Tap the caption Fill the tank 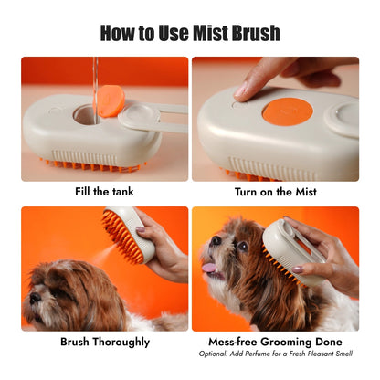click(x=104, y=192)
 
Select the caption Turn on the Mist click(x=275, y=192)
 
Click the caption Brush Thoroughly click(x=104, y=342)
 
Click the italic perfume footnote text click(x=275, y=354)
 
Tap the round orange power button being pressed click(x=287, y=112)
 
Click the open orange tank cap click(x=111, y=100)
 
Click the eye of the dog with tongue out click(x=242, y=246)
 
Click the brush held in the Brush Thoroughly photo click(x=128, y=234)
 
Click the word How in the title click(x=124, y=34)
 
